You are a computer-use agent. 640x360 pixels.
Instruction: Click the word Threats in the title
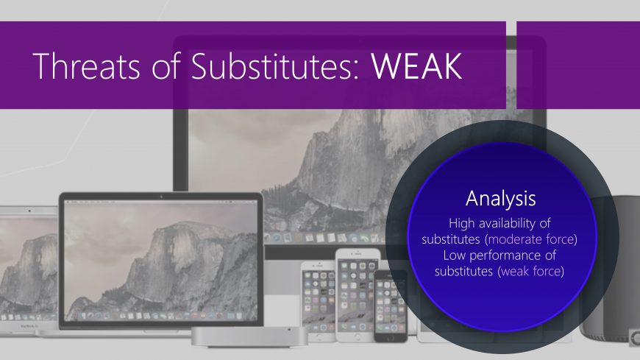[x=87, y=66]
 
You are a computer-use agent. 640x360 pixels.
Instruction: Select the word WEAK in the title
[x=416, y=66]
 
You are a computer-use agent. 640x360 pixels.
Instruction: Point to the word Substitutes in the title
[x=274, y=66]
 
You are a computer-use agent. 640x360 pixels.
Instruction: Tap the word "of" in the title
[x=166, y=66]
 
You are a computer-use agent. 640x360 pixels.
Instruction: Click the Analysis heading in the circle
[x=501, y=199]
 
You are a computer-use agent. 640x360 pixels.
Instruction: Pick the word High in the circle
[x=462, y=223]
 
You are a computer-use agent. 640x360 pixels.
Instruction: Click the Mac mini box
[x=249, y=336]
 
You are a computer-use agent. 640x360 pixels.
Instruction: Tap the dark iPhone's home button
[x=391, y=338]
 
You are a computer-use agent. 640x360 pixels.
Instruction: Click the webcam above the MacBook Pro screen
[x=161, y=197]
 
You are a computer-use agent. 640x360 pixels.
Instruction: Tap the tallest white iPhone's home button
[x=358, y=336]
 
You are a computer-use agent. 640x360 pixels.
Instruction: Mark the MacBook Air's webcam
[x=29, y=211]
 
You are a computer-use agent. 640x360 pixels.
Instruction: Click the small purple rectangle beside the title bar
[x=578, y=65]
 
